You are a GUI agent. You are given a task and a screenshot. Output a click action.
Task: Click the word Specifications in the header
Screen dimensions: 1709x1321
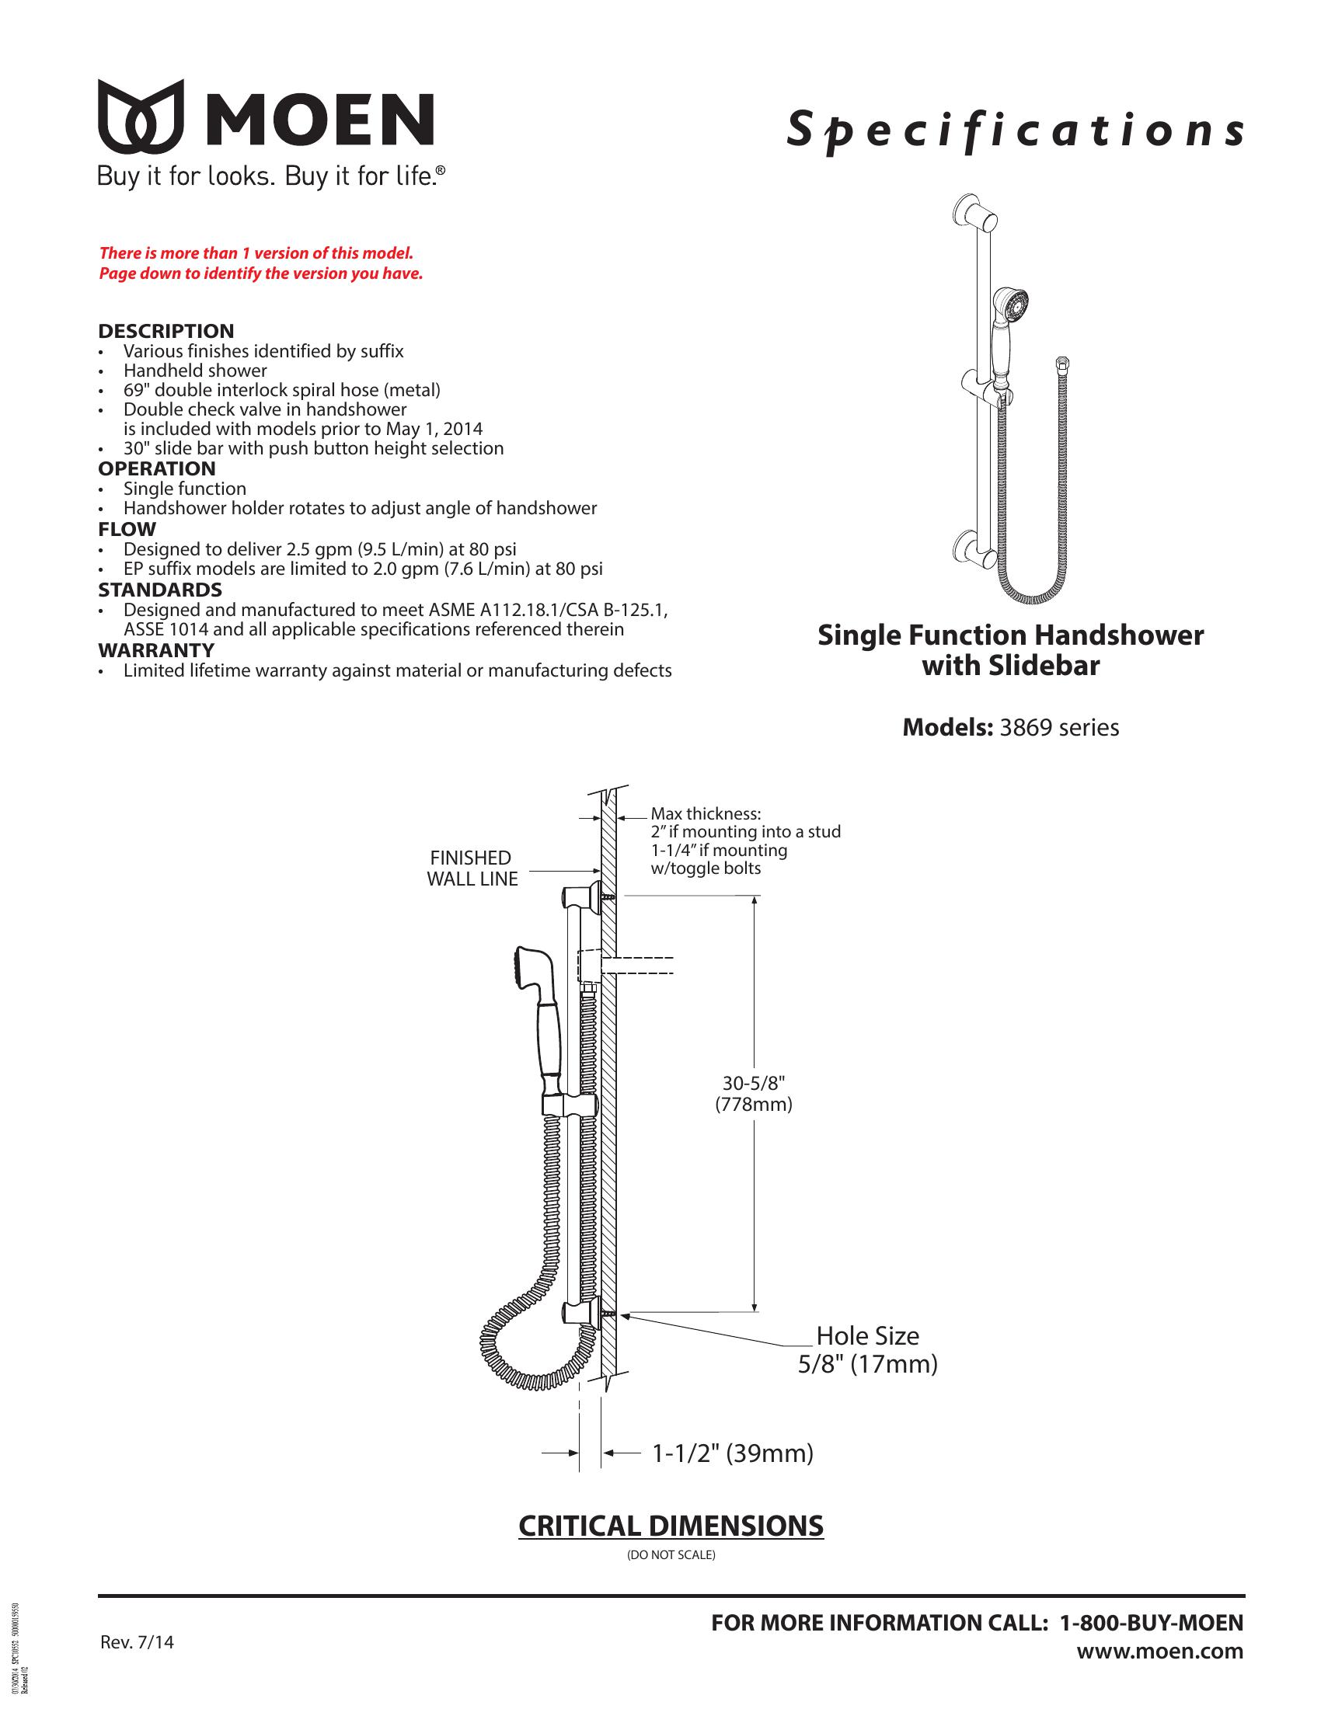1015,131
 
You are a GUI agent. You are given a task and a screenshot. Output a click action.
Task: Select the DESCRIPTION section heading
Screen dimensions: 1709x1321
166,331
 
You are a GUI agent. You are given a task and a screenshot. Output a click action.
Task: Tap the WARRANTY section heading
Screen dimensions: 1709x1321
155,650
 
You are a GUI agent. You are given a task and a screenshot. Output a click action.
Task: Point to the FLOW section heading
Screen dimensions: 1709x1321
127,529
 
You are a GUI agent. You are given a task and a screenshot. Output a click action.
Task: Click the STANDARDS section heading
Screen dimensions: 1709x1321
159,590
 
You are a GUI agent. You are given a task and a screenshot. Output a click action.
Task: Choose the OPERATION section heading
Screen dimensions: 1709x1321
156,468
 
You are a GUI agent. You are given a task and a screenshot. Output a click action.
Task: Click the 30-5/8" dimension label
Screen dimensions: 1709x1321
753,1083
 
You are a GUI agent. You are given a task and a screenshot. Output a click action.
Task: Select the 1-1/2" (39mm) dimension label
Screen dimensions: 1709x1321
733,1453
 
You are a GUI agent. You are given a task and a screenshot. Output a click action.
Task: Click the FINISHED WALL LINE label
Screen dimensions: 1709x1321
472,868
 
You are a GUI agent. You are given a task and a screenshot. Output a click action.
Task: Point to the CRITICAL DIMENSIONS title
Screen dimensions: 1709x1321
671,1526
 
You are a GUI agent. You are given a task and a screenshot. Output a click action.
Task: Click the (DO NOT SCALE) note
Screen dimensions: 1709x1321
671,1555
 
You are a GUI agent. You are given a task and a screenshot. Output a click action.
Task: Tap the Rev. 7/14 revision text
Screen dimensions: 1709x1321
137,1641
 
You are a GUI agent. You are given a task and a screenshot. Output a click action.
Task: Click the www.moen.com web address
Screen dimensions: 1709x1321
1160,1651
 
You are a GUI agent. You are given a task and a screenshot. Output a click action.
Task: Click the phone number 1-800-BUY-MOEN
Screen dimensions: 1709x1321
1151,1623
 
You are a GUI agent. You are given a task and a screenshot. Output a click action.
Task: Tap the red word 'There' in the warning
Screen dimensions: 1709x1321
120,253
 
